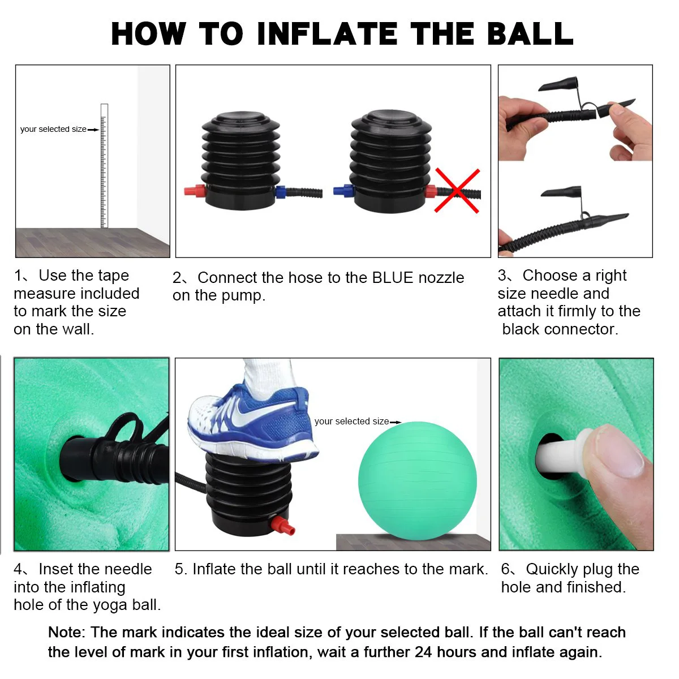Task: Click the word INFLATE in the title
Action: (x=328, y=34)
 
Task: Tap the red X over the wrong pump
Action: (x=457, y=191)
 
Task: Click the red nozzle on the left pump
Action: (x=195, y=191)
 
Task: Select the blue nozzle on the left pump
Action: (x=281, y=192)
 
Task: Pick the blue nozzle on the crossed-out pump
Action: (x=343, y=191)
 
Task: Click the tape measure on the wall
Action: (x=104, y=166)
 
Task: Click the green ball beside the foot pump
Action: (x=418, y=481)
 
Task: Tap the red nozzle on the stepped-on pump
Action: (x=282, y=526)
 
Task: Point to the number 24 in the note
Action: (x=423, y=652)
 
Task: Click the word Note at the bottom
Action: (x=66, y=632)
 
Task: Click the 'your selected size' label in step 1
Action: (x=53, y=129)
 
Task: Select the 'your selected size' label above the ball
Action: (x=351, y=421)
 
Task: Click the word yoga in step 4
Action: (x=111, y=605)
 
